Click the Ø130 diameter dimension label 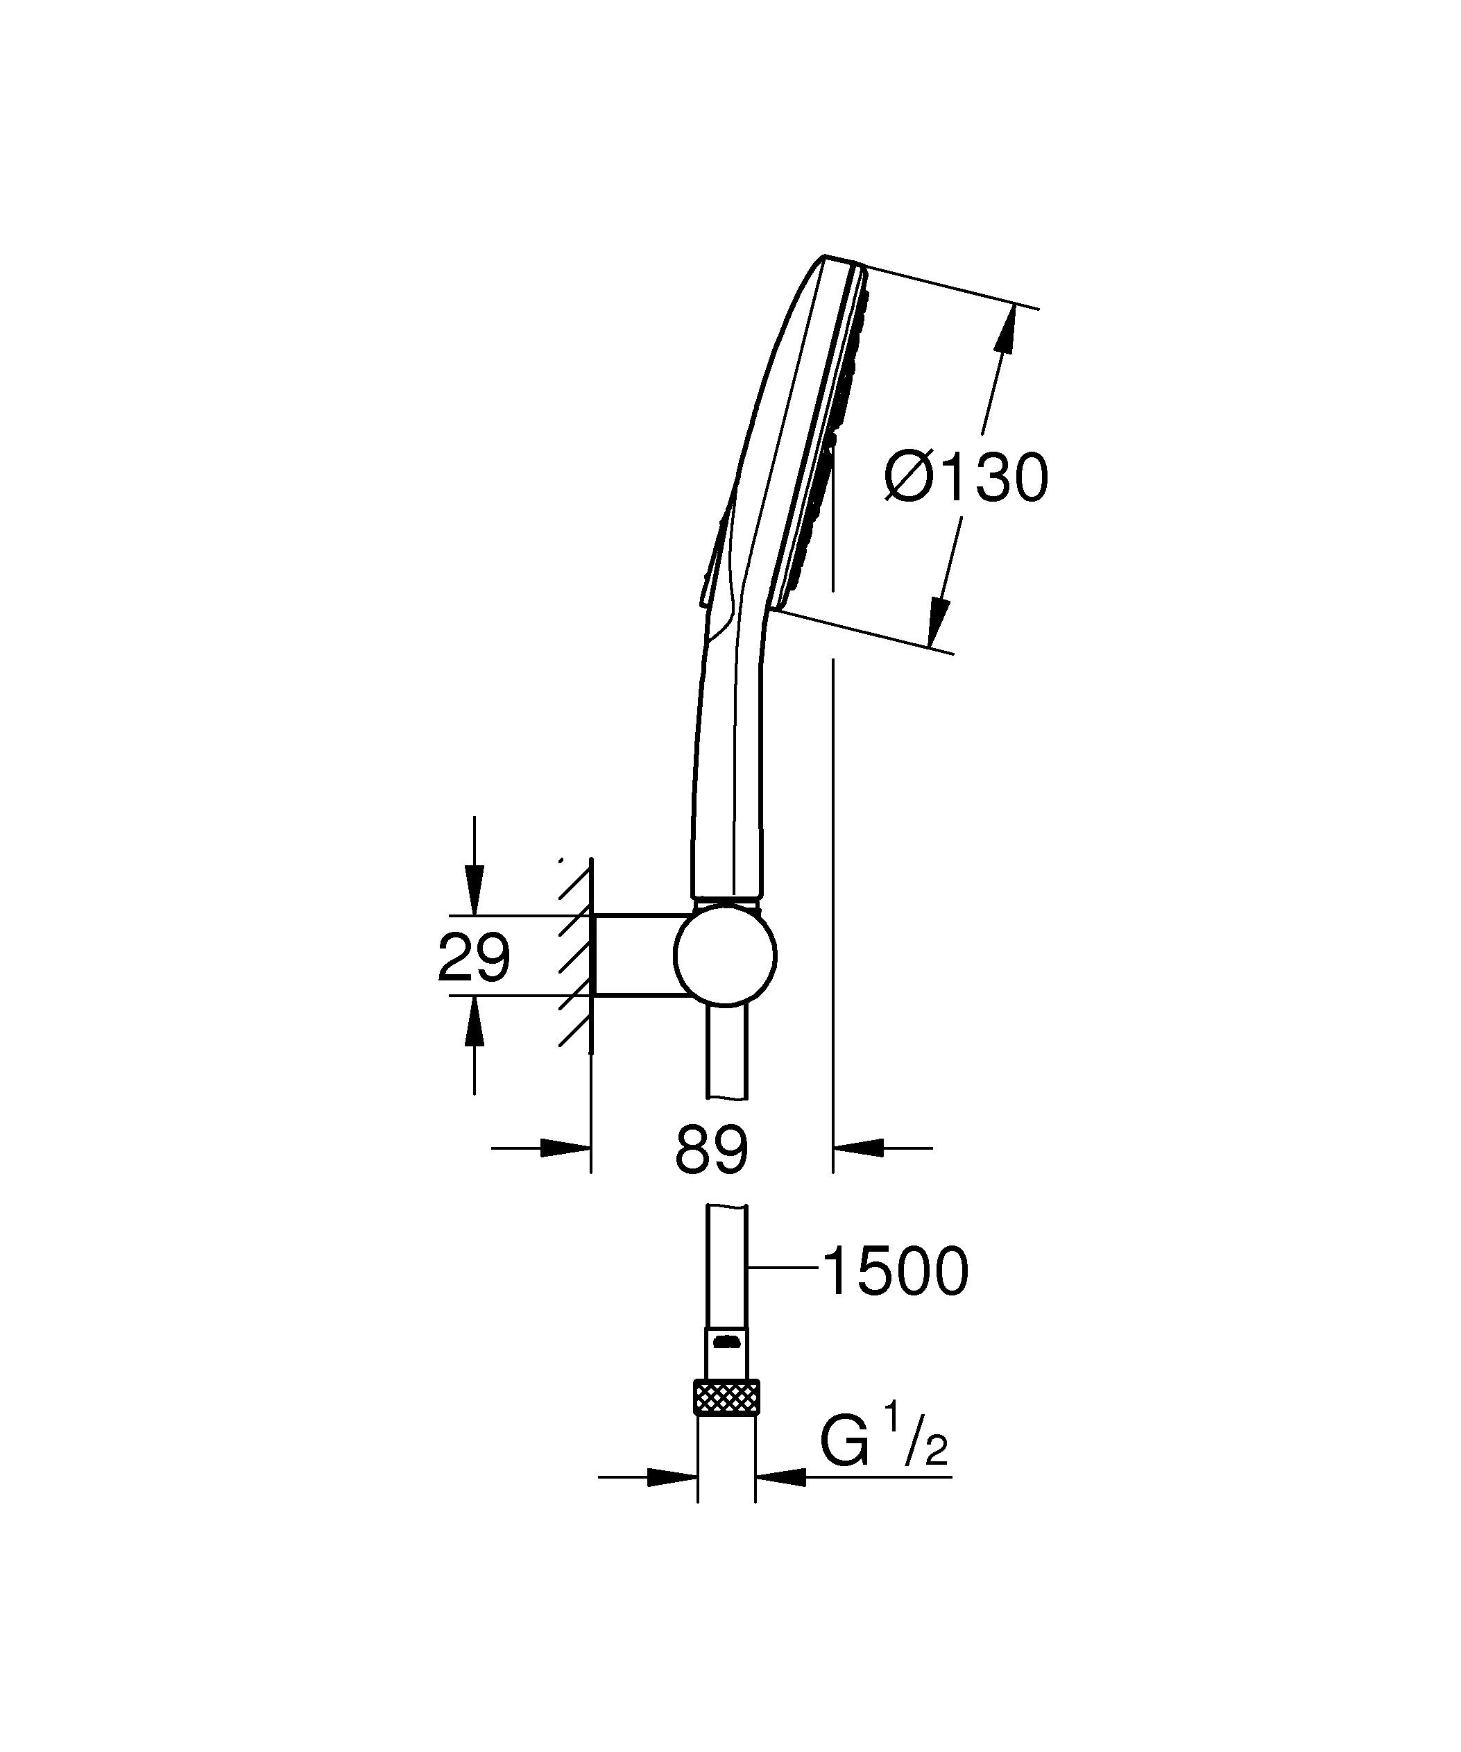tap(966, 479)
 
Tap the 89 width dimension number tap(711, 1150)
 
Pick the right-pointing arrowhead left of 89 tap(565, 1148)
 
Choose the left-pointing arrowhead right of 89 tap(859, 1148)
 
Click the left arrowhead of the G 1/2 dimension tap(672, 1477)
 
